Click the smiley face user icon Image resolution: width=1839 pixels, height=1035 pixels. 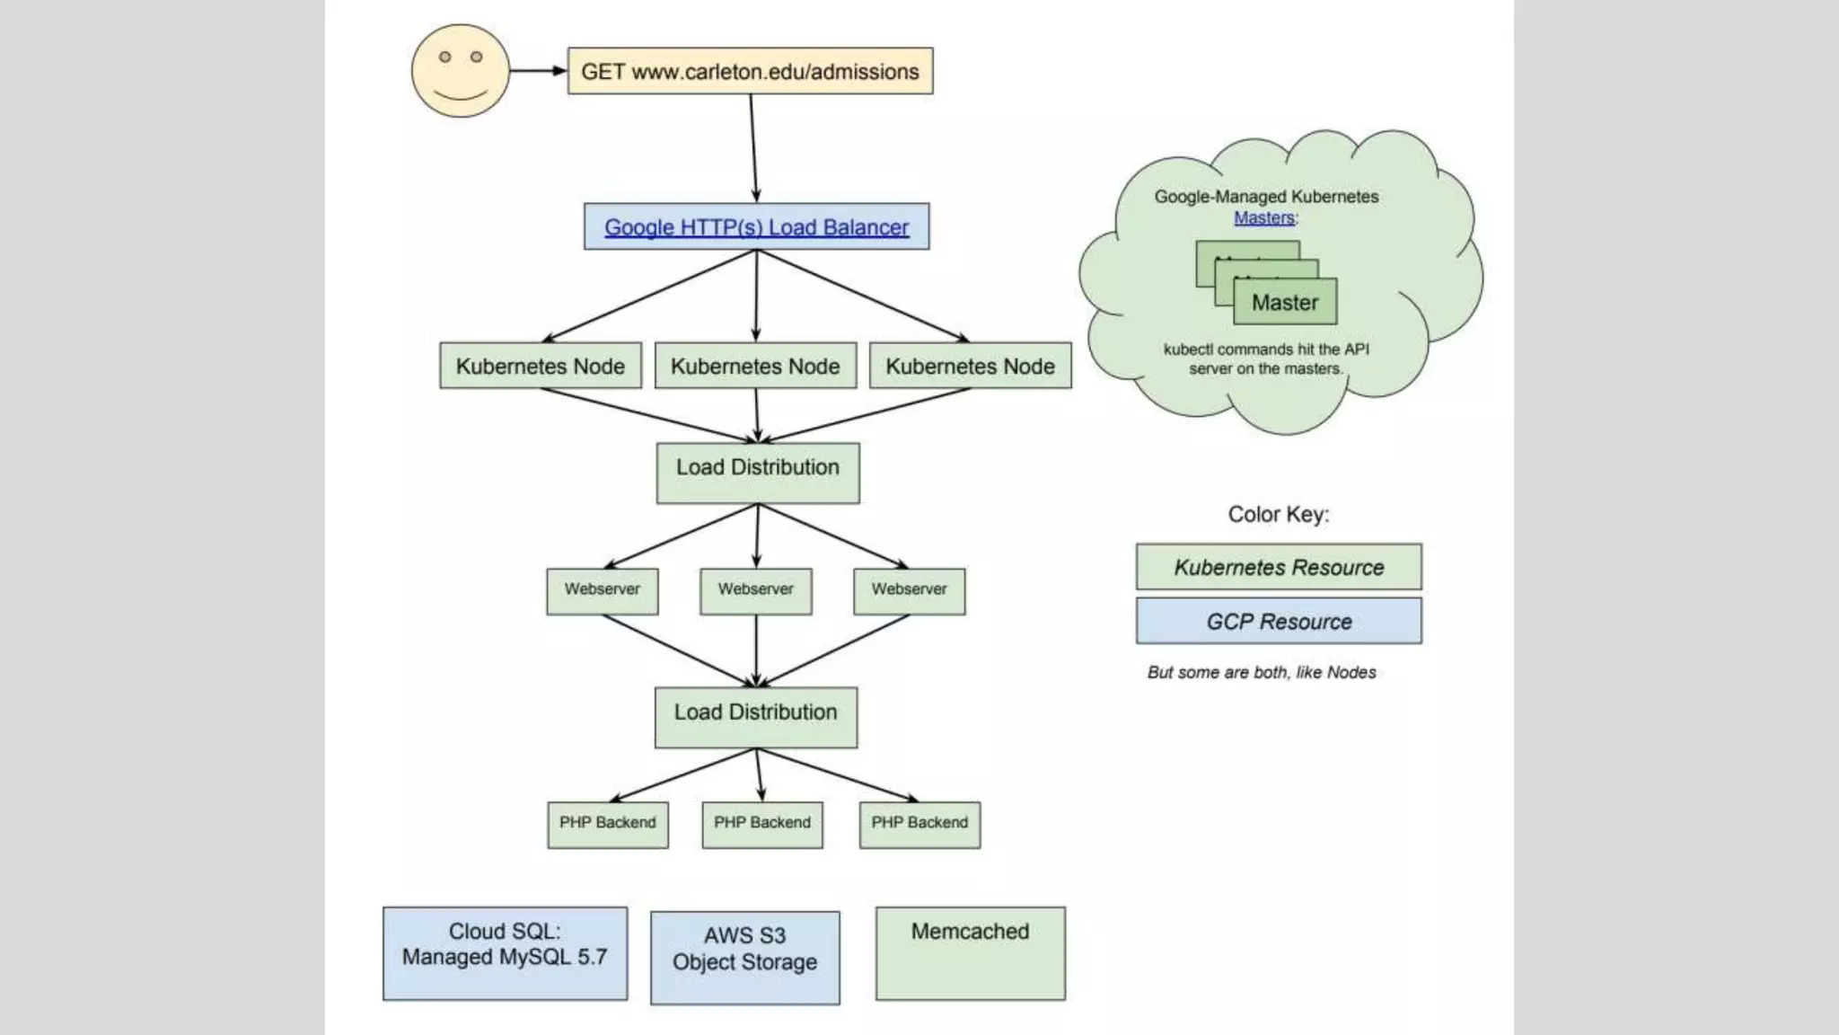coord(461,71)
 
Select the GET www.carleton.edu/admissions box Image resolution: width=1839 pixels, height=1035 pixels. coord(750,71)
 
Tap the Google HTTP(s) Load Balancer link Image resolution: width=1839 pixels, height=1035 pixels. coord(756,227)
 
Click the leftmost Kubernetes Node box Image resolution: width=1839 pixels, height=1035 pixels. coord(541,366)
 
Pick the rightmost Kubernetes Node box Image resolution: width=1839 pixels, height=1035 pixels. coord(970,366)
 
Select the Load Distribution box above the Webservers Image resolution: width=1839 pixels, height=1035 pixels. coord(758,473)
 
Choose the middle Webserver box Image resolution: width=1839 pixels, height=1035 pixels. coord(756,590)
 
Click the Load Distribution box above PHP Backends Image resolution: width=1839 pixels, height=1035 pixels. coord(756,717)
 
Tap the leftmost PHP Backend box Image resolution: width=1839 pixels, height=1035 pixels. coord(608,824)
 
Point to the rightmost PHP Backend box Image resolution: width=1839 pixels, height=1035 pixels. coord(919,824)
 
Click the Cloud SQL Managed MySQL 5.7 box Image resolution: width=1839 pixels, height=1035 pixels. coord(505,952)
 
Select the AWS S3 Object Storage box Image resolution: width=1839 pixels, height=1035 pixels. coord(745,958)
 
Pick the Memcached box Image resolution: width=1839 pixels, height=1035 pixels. coord(970,952)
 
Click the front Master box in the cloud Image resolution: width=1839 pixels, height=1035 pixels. coord(1285,302)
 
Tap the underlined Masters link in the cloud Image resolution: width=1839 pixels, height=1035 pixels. coord(1263,217)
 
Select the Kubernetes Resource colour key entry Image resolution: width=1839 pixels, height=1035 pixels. coord(1279,567)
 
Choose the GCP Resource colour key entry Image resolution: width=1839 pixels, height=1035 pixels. coord(1279,621)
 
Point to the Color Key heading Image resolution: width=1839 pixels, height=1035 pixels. coord(1278,514)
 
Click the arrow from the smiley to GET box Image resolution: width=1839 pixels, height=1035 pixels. coord(538,71)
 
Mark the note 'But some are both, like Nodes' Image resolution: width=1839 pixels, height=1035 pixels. coord(1261,672)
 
